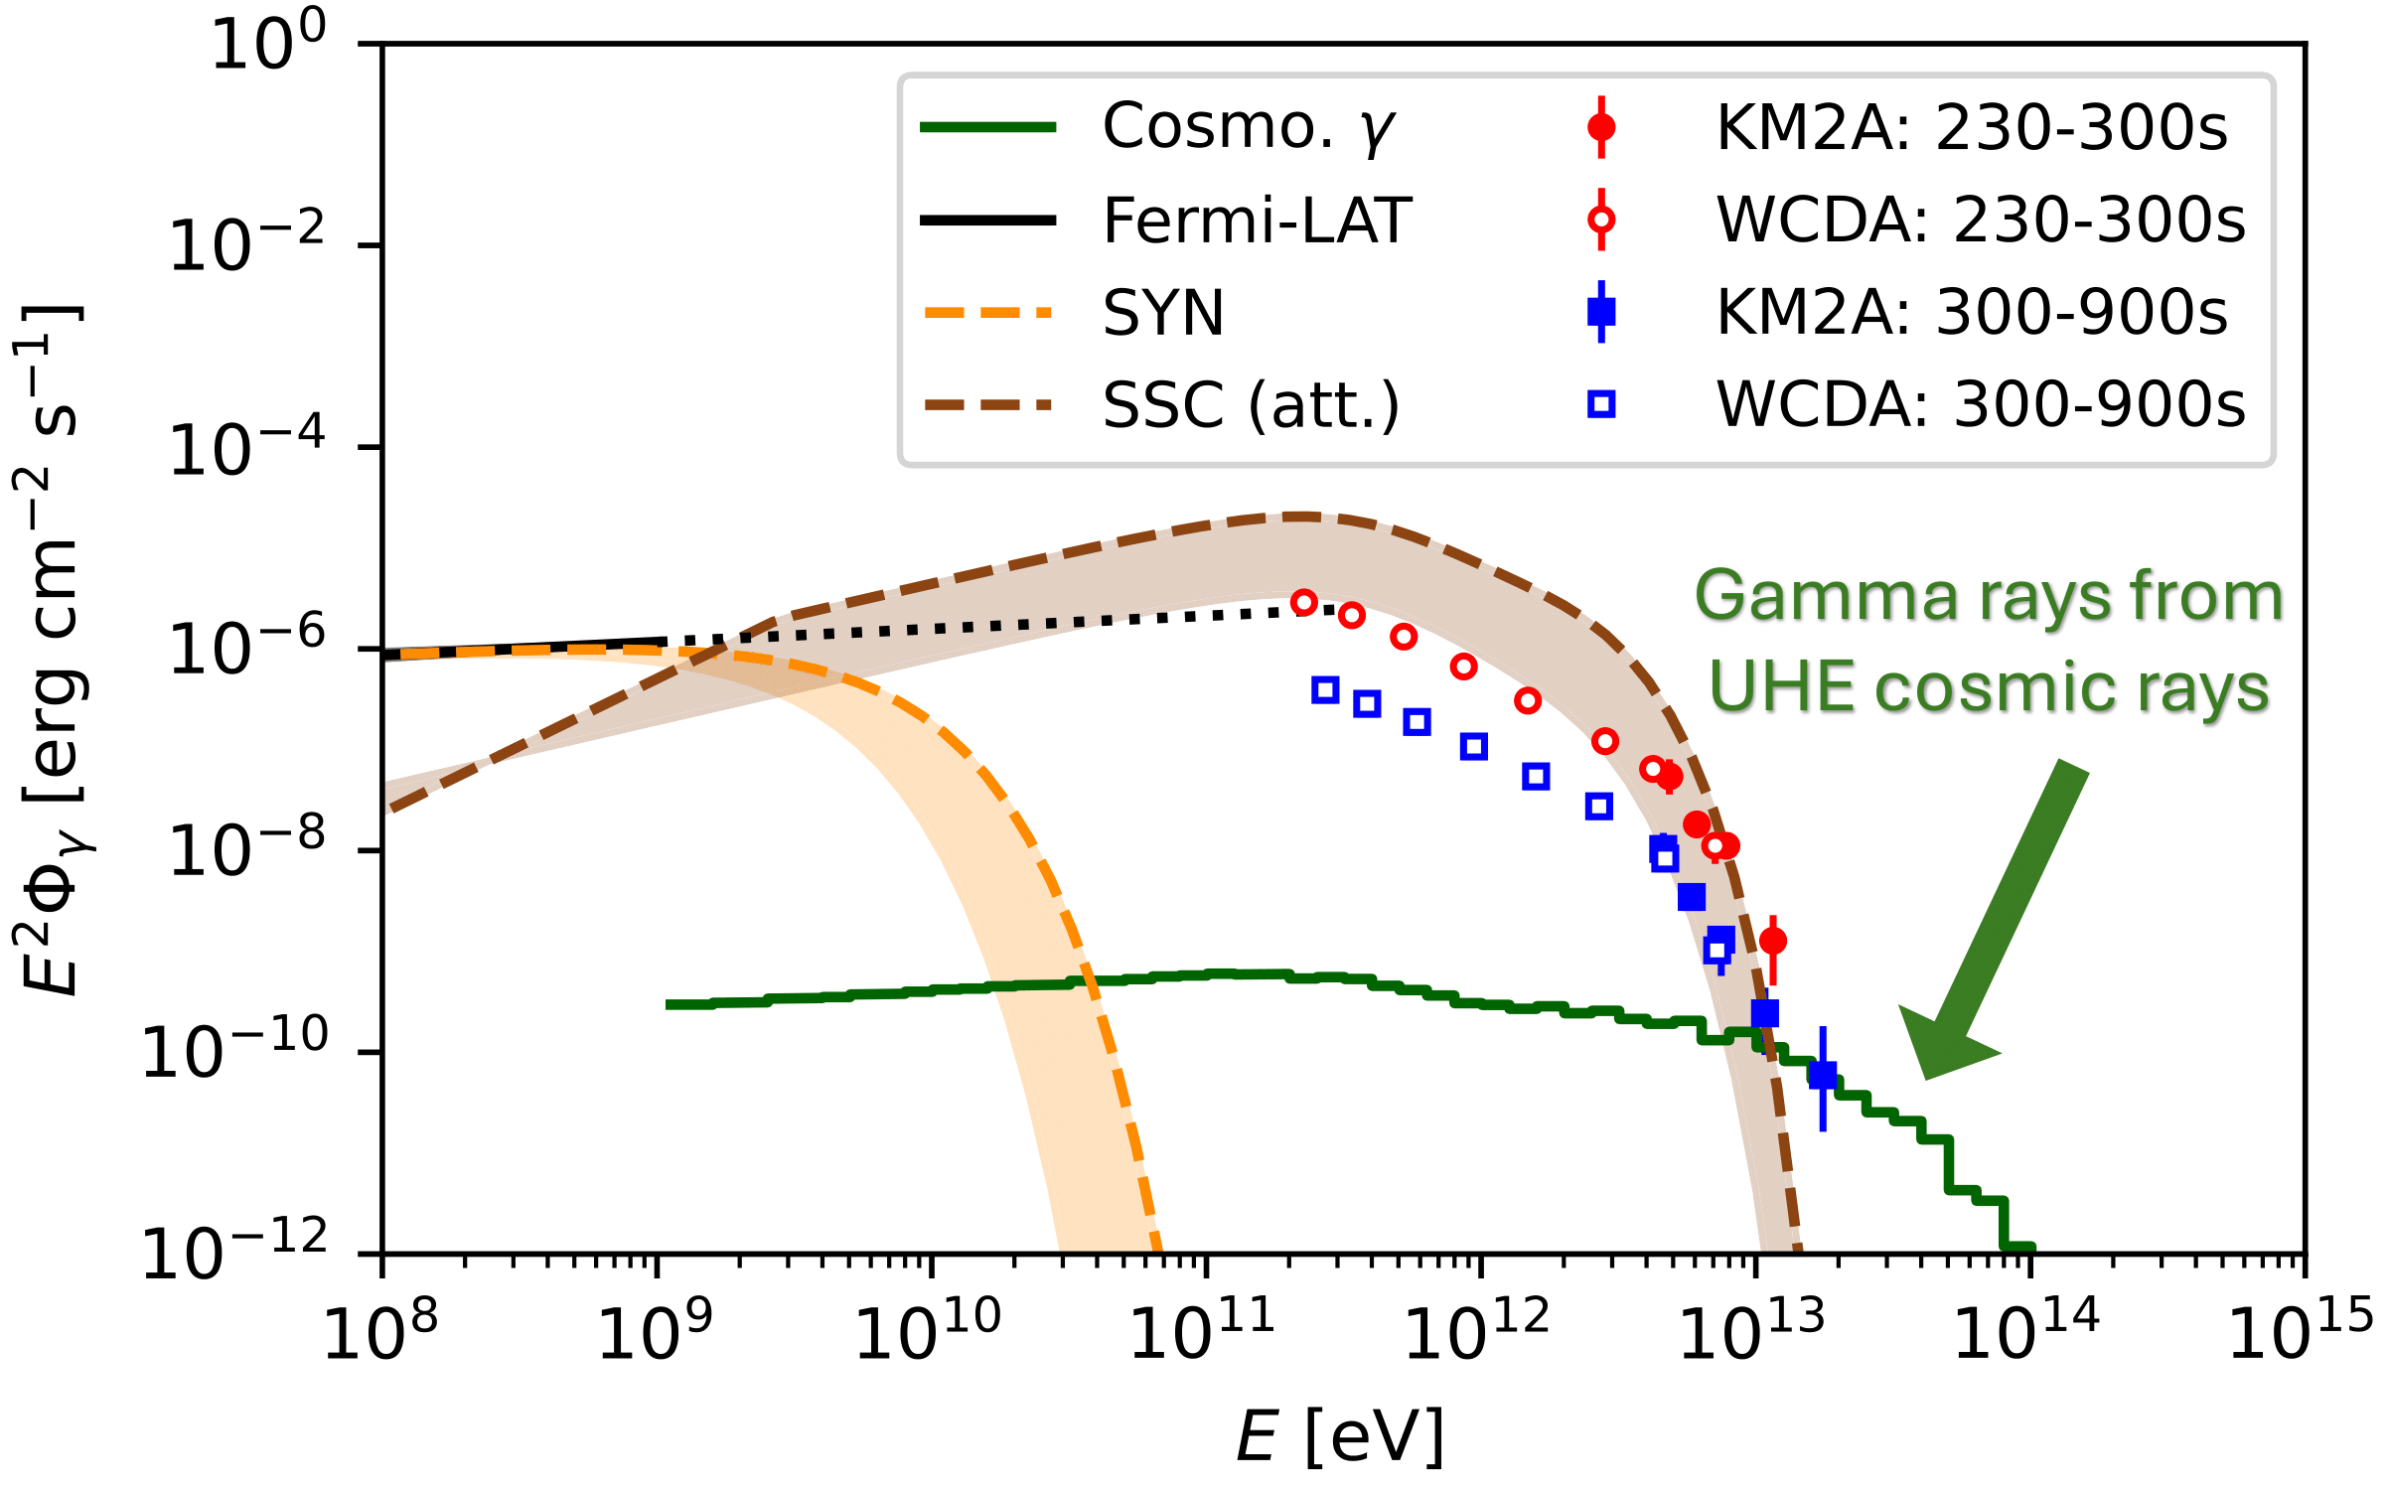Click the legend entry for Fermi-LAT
(1257, 220)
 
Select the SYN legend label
(1163, 313)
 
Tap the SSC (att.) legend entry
(1251, 405)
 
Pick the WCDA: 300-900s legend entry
(1981, 405)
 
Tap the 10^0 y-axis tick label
(268, 46)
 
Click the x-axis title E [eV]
(1340, 1436)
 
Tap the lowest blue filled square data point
(1823, 1075)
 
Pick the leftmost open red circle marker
(1304, 602)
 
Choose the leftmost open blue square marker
(1325, 689)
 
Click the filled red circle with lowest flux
(1773, 940)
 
